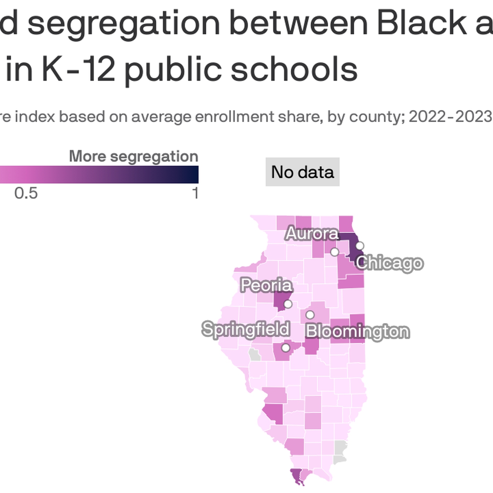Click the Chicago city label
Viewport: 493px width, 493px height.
(x=389, y=263)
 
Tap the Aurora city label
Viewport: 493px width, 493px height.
(x=312, y=234)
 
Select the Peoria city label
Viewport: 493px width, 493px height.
(x=266, y=285)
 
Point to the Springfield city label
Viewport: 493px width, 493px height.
(x=246, y=329)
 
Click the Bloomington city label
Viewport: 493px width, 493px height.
(x=357, y=331)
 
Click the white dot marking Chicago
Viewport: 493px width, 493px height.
(x=359, y=246)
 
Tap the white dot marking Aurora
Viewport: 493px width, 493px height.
(x=335, y=252)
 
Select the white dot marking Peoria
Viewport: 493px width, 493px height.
(x=288, y=304)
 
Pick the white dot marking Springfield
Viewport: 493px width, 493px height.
(x=285, y=348)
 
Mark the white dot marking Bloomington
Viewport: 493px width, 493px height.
(x=310, y=315)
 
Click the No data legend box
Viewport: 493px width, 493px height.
(x=302, y=172)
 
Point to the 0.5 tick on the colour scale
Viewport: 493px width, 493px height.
(x=26, y=193)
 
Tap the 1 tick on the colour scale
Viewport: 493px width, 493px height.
(x=195, y=193)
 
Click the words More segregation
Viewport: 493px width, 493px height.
(x=134, y=156)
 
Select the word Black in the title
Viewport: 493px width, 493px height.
(x=422, y=23)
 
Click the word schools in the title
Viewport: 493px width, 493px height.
(x=294, y=69)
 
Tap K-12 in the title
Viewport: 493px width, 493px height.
(x=79, y=69)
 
